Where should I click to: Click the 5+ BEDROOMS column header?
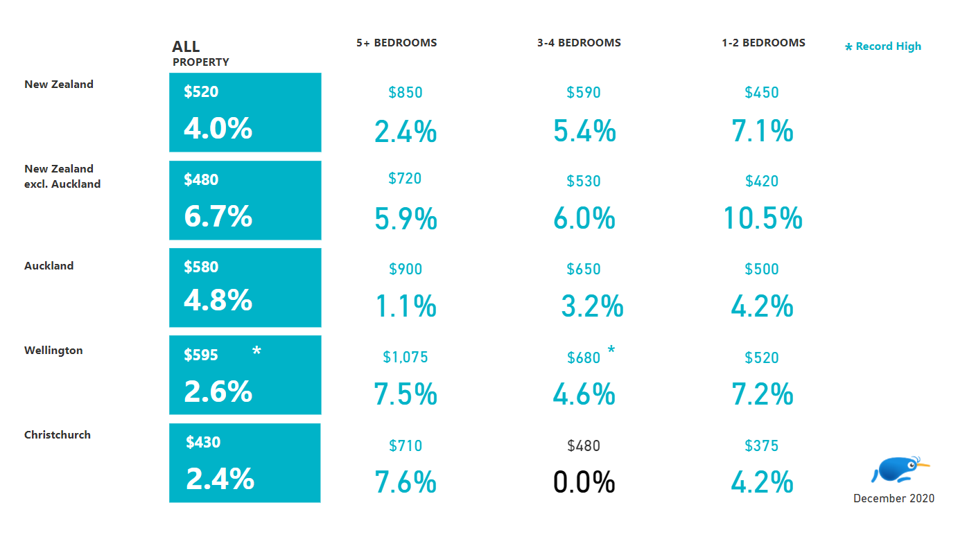(x=397, y=43)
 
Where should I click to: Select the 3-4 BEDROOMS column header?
(x=579, y=43)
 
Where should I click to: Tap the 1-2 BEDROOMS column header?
(x=763, y=43)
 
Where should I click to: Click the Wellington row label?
(x=53, y=351)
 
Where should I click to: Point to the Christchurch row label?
(x=58, y=435)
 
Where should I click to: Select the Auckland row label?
(x=49, y=266)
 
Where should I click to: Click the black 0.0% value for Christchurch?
(x=584, y=482)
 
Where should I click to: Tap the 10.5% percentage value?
(x=763, y=219)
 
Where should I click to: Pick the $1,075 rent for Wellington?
(x=406, y=357)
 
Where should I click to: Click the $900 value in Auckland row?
(x=406, y=269)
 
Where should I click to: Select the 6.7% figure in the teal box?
(x=218, y=217)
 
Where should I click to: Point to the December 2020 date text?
(x=894, y=499)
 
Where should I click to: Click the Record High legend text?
(x=888, y=46)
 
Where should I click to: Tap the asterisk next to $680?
(x=611, y=351)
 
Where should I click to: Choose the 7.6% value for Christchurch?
(x=406, y=482)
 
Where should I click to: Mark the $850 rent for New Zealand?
(x=406, y=93)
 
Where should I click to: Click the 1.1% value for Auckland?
(x=406, y=306)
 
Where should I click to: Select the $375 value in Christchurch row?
(x=762, y=446)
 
